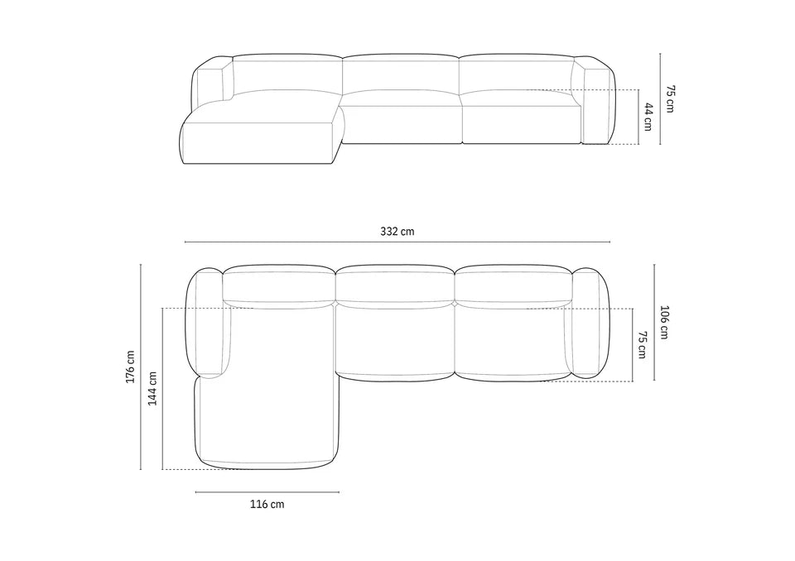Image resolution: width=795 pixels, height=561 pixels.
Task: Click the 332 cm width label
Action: click(397, 232)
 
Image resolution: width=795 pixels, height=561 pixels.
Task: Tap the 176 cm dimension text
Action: click(130, 367)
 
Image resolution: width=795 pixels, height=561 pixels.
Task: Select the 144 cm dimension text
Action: click(152, 388)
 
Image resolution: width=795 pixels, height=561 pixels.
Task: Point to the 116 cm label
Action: click(267, 504)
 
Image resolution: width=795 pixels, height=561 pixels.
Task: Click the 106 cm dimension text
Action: click(664, 323)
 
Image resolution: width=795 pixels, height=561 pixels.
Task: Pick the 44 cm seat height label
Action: click(648, 117)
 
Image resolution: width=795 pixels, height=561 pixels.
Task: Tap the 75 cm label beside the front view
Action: click(669, 98)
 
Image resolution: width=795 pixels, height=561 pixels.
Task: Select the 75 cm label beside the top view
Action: click(643, 345)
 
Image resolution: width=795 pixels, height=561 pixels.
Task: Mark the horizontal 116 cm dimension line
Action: click(267, 492)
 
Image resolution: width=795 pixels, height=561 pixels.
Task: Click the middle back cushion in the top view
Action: click(395, 284)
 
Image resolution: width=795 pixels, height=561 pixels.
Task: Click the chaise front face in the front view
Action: click(257, 143)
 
